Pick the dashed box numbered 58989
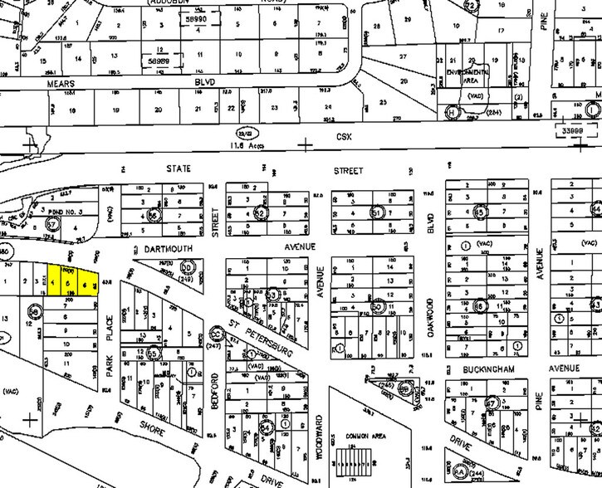172,61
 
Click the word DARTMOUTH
161,246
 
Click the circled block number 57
51,224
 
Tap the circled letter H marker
453,112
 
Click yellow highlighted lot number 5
66,283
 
